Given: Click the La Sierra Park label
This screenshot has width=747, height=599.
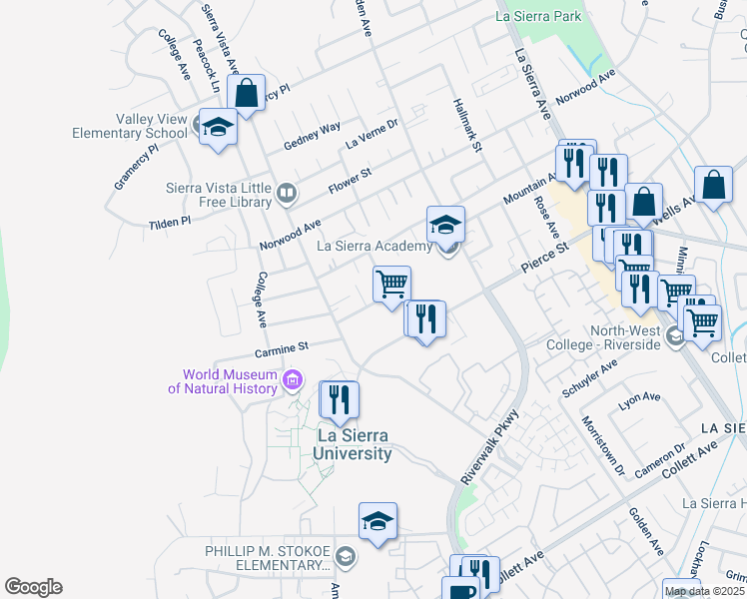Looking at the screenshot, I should pos(538,17).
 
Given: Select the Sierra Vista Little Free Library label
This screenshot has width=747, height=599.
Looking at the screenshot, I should pos(218,193).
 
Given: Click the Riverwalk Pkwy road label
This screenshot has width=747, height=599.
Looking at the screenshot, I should pos(490,448).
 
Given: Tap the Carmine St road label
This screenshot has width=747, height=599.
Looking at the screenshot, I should pos(283,348).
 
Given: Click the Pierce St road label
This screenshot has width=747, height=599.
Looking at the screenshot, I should pos(543,256).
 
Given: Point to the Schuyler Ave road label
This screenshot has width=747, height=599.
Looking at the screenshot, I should pos(591,379).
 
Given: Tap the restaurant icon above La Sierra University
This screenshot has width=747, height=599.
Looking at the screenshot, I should pos(339,399).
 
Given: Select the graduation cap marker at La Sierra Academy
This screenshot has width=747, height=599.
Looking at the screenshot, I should pos(445,224).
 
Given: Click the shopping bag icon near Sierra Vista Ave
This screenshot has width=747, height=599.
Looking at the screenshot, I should pos(246,94).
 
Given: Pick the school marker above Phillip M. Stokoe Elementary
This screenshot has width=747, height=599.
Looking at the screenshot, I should pos(377,521).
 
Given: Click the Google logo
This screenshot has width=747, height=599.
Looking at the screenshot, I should pos(33,587).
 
